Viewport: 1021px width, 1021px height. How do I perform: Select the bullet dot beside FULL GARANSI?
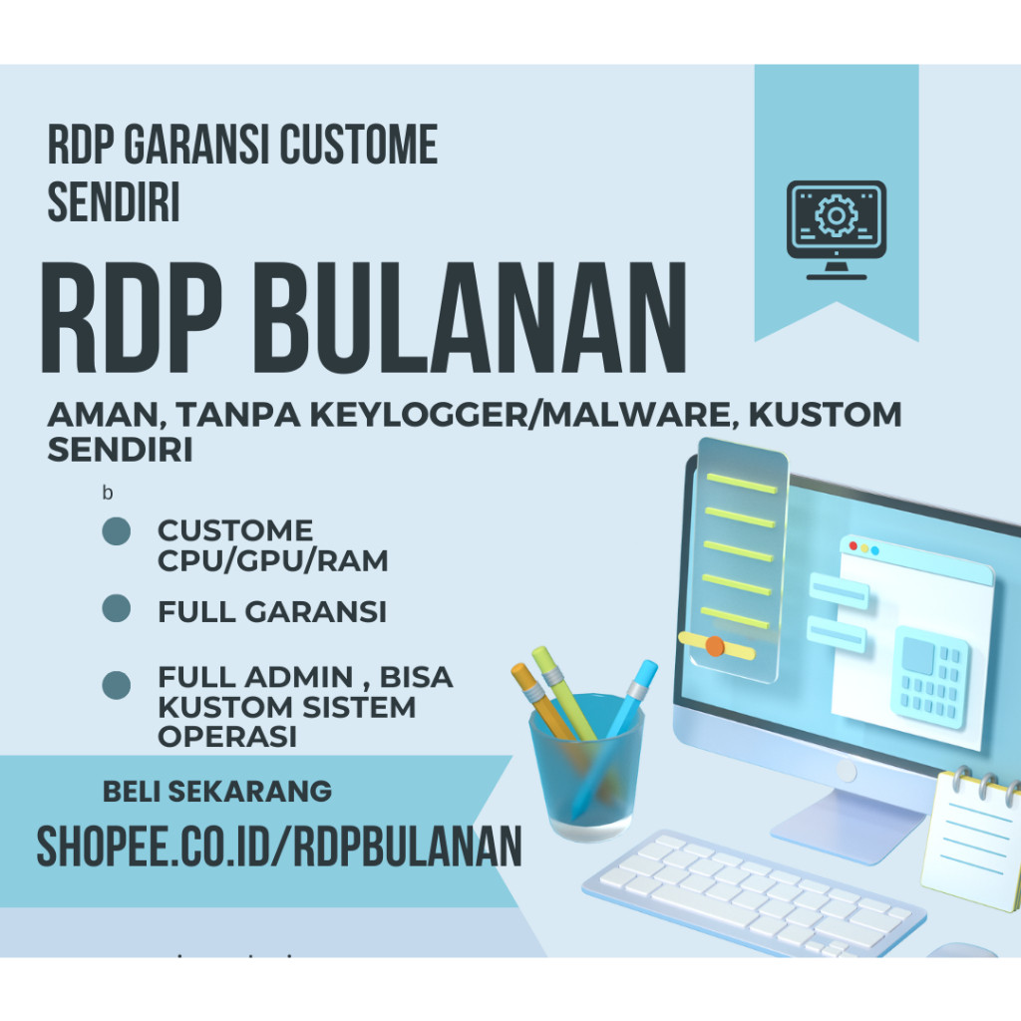point(117,609)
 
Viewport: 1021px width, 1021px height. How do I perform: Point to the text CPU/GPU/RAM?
point(272,561)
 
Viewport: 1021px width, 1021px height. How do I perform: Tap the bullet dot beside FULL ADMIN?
point(117,686)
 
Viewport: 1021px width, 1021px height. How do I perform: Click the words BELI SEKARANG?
point(217,792)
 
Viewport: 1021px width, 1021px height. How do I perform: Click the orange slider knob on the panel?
point(714,645)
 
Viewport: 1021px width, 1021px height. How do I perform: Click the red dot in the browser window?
point(852,548)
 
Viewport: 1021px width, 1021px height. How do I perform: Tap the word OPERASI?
point(228,738)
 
